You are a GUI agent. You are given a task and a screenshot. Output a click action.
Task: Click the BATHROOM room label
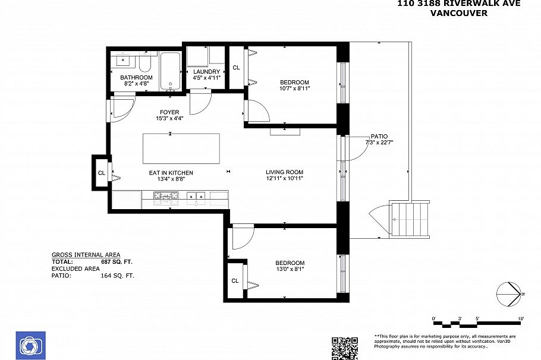(136, 77)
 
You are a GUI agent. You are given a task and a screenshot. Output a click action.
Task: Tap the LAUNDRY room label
(206, 71)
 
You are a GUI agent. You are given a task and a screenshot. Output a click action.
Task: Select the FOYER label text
(169, 112)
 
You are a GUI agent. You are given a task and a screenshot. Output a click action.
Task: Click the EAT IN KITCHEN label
(171, 173)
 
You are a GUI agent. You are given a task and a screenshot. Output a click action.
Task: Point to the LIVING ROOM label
(284, 173)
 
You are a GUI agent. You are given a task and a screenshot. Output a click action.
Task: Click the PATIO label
(379, 136)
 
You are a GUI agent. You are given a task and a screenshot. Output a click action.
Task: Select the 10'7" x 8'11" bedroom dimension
(294, 89)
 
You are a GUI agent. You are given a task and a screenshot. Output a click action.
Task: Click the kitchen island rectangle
(181, 149)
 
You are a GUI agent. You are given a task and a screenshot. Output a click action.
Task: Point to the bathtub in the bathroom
(171, 72)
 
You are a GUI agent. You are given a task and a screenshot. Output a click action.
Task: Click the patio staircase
(409, 219)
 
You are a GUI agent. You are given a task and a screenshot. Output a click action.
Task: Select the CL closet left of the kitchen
(101, 173)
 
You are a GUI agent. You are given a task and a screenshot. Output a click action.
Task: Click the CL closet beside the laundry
(236, 67)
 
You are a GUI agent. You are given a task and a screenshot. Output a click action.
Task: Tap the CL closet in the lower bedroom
(235, 280)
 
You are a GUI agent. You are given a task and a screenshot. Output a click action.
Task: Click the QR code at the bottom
(344, 348)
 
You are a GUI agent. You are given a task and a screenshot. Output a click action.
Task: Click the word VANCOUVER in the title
(458, 13)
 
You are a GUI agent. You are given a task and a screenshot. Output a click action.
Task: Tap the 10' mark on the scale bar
(520, 319)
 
